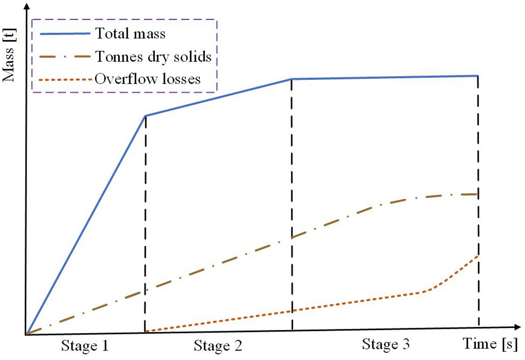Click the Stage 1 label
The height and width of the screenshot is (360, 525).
click(x=85, y=346)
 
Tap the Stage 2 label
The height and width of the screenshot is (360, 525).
click(x=218, y=346)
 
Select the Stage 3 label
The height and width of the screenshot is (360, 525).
click(x=386, y=344)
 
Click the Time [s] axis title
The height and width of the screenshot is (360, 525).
click(x=490, y=344)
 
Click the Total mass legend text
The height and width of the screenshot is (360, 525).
click(x=130, y=34)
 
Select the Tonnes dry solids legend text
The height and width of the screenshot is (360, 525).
click(x=153, y=56)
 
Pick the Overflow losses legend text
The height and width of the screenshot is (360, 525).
click(x=148, y=79)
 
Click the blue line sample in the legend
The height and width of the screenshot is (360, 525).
click(x=65, y=34)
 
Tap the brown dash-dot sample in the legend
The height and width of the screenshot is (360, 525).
click(x=65, y=57)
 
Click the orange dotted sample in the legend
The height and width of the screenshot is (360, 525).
click(x=65, y=79)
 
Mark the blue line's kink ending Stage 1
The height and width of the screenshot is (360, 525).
click(x=145, y=116)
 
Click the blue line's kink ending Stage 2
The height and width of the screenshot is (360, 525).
click(x=292, y=79)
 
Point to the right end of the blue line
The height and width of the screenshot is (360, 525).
click(x=478, y=76)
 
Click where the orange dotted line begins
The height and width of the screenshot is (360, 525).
click(x=146, y=331)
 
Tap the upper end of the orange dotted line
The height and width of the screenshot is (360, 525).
click(x=478, y=255)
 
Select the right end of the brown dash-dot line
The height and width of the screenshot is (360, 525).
click(x=478, y=194)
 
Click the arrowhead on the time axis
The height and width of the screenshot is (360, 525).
click(x=518, y=327)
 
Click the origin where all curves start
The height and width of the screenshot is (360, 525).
click(x=26, y=334)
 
